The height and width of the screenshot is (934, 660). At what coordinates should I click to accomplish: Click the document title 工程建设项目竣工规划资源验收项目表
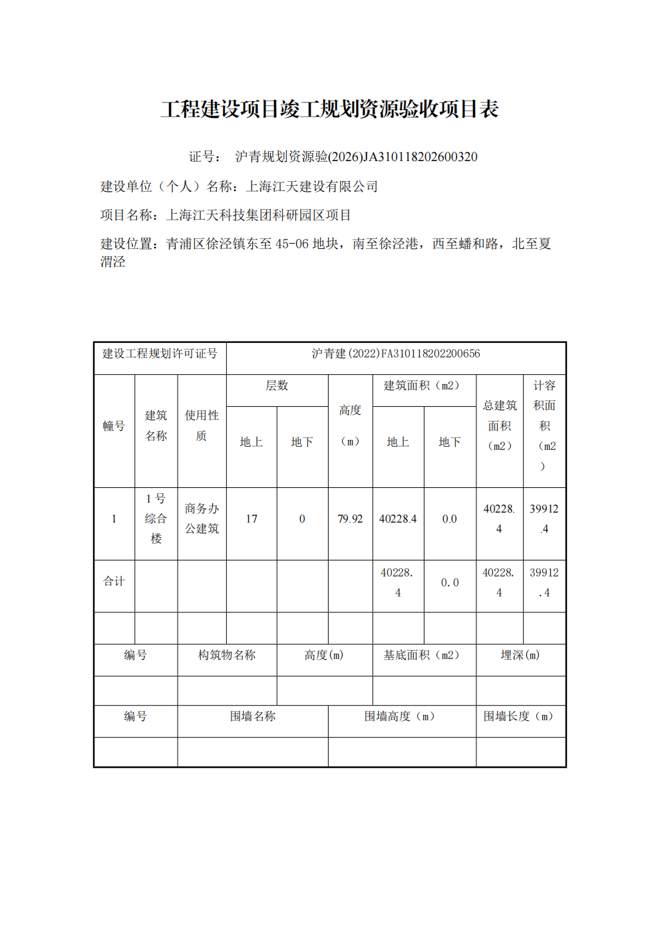329,109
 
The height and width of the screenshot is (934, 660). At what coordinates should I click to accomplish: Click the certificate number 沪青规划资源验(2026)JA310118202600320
356,157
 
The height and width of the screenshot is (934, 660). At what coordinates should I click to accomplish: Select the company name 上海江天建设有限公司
312,186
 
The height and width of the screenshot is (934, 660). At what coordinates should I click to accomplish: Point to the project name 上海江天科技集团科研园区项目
259,215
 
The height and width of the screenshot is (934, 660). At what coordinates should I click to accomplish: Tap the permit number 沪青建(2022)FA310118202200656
396,353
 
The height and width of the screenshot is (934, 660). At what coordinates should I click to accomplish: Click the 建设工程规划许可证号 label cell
160,353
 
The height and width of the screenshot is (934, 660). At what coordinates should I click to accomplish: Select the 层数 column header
277,386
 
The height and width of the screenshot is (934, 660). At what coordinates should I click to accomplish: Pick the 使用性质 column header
202,425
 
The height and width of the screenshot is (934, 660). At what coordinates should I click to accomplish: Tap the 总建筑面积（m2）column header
500,426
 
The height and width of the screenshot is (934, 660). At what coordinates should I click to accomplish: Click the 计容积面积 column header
544,426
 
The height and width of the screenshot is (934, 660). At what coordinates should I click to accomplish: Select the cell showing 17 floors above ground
251,519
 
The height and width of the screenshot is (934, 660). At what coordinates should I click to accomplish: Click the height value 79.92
350,519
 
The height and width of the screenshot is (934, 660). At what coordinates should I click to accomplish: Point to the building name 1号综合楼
156,519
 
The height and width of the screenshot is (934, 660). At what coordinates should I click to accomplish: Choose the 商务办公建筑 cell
202,519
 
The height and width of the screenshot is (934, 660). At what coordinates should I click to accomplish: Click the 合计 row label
114,582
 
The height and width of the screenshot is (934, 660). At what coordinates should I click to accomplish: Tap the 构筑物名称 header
227,656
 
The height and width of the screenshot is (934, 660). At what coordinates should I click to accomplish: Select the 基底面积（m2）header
422,656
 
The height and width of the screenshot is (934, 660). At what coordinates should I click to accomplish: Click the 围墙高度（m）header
400,717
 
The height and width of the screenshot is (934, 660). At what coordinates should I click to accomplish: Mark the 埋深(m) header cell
520,656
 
